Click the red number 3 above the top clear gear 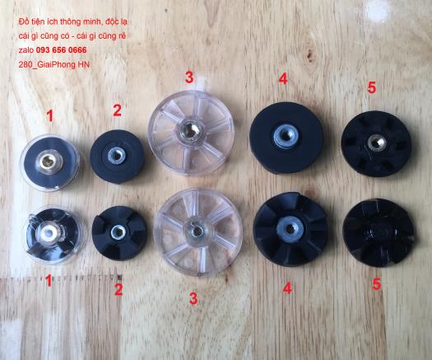(189, 77)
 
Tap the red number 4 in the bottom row (287, 288)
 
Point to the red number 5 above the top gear (371, 87)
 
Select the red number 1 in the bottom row (49, 281)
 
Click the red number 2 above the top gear (117, 110)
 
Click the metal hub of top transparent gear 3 (189, 130)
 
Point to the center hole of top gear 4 (286, 136)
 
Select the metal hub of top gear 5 (376, 143)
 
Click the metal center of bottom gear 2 (118, 232)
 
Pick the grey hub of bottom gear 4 (290, 229)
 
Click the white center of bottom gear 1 (49, 233)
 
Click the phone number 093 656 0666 (62, 50)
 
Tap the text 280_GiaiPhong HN (54, 64)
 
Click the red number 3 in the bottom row (193, 298)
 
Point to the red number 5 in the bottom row (376, 284)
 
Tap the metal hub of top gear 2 (117, 156)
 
